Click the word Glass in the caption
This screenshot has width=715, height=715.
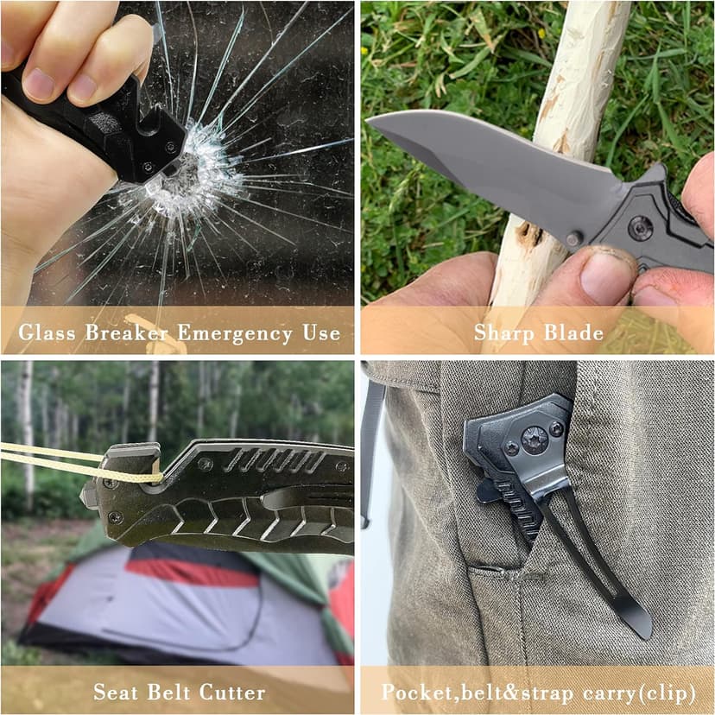[x=53, y=332]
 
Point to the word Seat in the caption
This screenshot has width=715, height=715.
[x=116, y=692]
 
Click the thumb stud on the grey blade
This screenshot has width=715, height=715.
[x=572, y=237]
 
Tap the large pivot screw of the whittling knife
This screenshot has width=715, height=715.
[x=640, y=227]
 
